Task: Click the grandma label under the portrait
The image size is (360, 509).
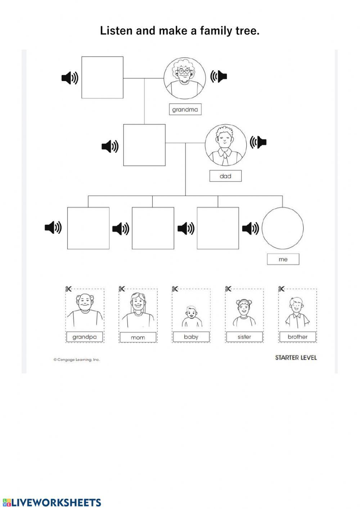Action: [x=185, y=110]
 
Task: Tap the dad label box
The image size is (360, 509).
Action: [x=225, y=176]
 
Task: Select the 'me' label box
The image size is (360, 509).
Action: [x=283, y=259]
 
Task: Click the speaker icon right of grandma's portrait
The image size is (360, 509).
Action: [x=219, y=76]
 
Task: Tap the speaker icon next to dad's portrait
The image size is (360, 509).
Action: [x=258, y=142]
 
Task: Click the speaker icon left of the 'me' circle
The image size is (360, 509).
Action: [x=250, y=228]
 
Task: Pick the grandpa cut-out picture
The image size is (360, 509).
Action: [x=85, y=310]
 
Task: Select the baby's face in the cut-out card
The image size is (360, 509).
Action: [x=191, y=312]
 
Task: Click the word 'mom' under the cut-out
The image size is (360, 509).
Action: [x=138, y=338]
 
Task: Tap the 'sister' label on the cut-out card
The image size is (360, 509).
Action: [x=244, y=337]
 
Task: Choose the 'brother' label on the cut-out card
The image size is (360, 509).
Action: [x=298, y=337]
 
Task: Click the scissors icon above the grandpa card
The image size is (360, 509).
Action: [x=69, y=289]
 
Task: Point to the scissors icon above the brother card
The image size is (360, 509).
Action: [x=282, y=289]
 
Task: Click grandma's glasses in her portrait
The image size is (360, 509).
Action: [x=184, y=71]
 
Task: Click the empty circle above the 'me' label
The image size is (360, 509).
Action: [x=283, y=228]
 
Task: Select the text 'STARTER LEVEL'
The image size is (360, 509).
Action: [x=296, y=358]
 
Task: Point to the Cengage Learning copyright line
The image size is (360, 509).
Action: [x=77, y=360]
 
